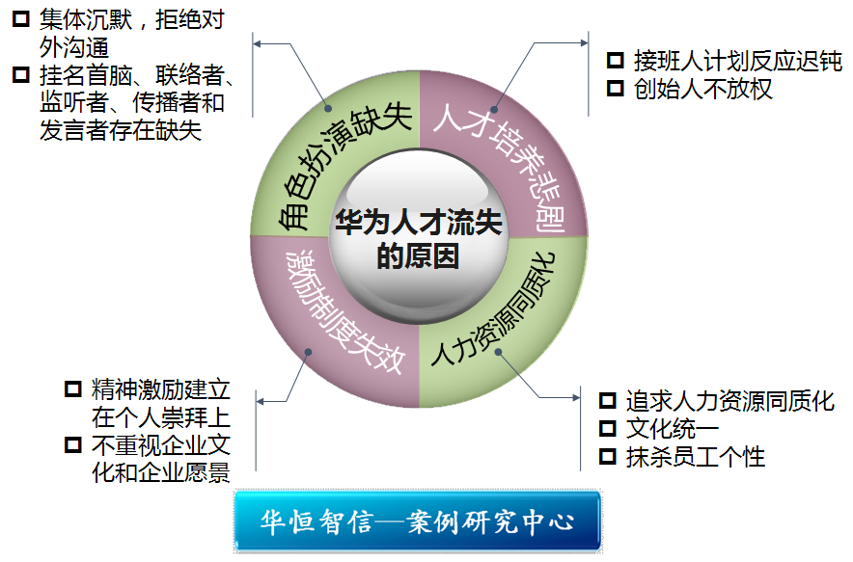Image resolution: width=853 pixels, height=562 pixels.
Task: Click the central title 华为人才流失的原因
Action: pos(418,239)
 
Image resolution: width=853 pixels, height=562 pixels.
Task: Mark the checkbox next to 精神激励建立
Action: pos(72,388)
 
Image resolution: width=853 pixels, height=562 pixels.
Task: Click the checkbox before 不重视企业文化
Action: pos(72,444)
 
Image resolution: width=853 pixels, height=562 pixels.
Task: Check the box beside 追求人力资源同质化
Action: pos(608,399)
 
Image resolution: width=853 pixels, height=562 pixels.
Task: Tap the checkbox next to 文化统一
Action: pos(608,427)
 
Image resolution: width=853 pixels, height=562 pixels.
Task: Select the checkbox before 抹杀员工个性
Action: pos(608,455)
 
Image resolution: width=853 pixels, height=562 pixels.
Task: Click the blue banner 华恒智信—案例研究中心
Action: pos(417,522)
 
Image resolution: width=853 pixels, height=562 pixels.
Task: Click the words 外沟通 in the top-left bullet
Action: pos(73,46)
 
